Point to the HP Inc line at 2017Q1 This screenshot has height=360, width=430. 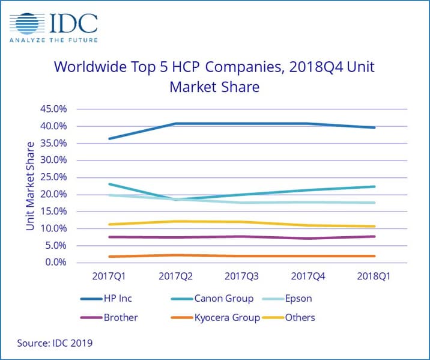tap(109, 139)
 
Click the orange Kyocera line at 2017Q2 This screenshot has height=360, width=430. tap(175, 255)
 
